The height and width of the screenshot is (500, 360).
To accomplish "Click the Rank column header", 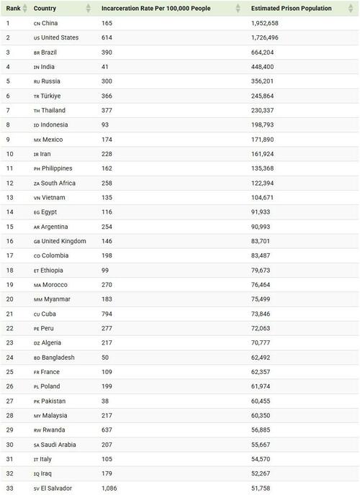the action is coord(13,8).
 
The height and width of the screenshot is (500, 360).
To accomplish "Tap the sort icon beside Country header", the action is coord(89,8).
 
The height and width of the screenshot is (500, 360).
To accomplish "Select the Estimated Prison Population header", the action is coord(291,8).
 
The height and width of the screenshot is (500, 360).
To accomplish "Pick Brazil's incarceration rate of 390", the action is coord(107,52).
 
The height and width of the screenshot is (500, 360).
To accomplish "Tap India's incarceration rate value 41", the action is coord(105,67).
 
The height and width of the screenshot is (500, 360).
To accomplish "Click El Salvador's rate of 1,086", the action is coord(110,488).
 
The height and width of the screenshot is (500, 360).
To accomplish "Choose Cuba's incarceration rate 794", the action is coord(107,314).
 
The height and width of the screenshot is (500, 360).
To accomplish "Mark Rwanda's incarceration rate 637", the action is coord(107,430).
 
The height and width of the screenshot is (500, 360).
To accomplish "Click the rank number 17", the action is coord(10,255).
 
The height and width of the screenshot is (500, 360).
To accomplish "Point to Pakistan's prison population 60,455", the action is coord(266,401).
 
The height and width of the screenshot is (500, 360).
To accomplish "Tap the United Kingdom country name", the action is coord(64,241).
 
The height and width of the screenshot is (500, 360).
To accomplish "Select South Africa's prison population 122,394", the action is coord(267,183).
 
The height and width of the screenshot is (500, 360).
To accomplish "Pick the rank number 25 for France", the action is coord(10,372).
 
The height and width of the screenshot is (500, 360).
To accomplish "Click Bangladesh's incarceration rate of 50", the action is coord(105,358).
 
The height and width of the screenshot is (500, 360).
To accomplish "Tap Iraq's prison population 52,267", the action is coord(266,473).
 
